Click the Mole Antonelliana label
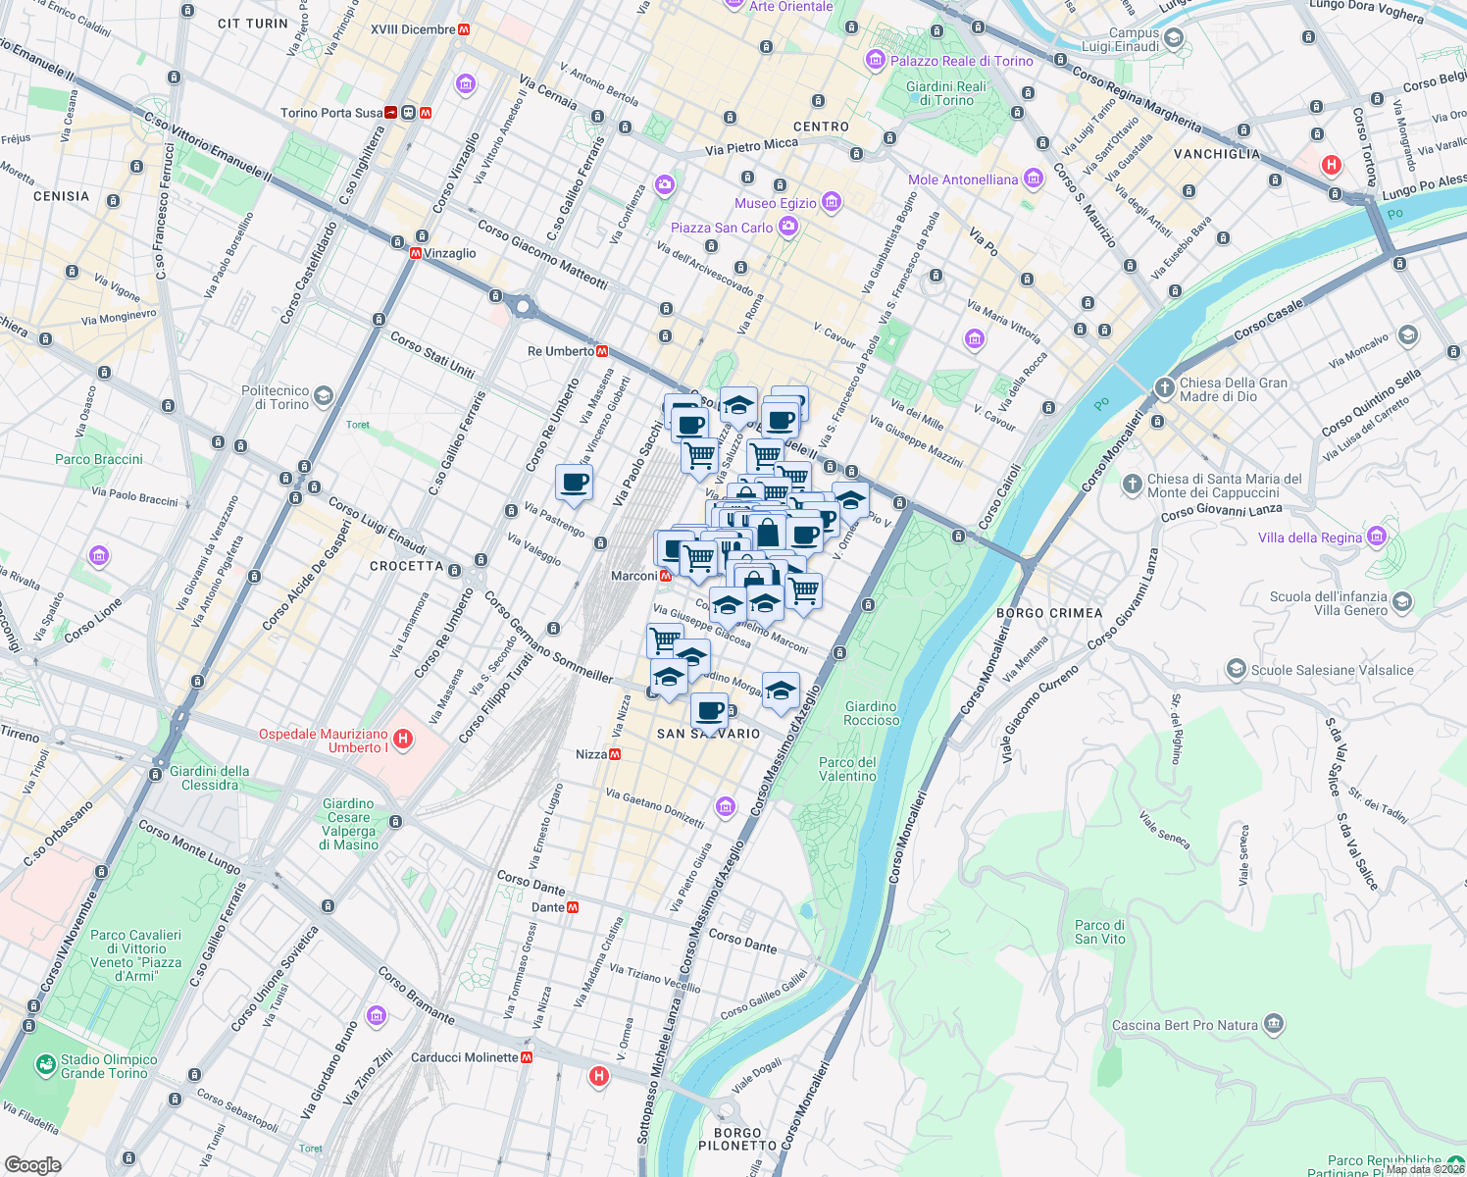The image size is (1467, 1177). (963, 179)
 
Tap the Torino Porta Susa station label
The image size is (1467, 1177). (331, 113)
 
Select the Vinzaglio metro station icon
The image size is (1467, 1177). (416, 253)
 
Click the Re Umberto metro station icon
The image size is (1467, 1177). (602, 351)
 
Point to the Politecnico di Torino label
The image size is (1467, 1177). (275, 397)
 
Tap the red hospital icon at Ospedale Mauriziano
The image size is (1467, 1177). (402, 738)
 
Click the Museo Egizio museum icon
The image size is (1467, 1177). (832, 203)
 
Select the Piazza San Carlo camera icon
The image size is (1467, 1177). (787, 228)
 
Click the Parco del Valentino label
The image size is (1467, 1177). (847, 769)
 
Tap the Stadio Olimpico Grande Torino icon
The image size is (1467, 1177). (45, 1064)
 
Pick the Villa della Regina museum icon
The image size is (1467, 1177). (1377, 537)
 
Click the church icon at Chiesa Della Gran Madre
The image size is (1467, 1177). (1164, 387)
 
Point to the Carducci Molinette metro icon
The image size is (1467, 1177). (528, 1057)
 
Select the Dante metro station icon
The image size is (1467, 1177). (573, 907)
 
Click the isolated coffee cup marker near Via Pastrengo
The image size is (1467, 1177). (574, 483)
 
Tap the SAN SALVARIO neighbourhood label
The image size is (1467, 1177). (708, 734)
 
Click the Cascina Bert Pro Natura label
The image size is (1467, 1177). (1185, 1025)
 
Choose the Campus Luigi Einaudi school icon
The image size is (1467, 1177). (1174, 39)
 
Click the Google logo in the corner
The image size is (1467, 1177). (32, 1164)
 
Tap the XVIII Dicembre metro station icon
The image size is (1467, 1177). (464, 29)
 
